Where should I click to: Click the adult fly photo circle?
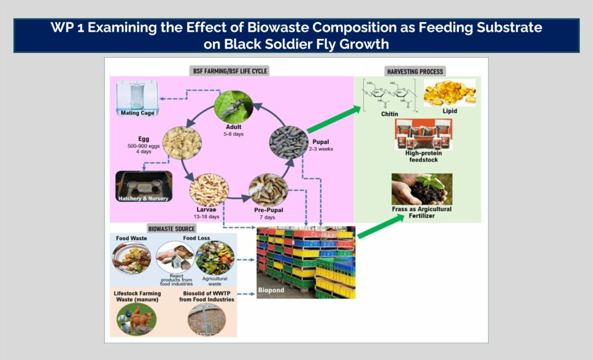(x=233, y=106)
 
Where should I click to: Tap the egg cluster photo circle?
(x=182, y=143)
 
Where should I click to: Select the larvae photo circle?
(x=208, y=190)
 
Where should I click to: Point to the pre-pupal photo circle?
(x=269, y=190)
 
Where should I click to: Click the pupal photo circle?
(x=288, y=142)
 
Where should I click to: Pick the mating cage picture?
(x=137, y=98)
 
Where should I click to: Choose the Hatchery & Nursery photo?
(x=144, y=186)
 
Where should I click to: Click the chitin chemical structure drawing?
(x=389, y=95)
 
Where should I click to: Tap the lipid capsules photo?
(x=449, y=93)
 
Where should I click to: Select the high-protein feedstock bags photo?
(x=423, y=134)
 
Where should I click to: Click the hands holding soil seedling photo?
(x=422, y=189)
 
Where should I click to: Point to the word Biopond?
(x=271, y=290)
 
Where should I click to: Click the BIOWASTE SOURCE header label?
(x=171, y=229)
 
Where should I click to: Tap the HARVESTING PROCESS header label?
(x=415, y=71)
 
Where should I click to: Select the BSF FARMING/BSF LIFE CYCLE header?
(x=230, y=71)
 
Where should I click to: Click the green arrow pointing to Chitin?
(x=334, y=119)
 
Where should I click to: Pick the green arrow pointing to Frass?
(x=381, y=226)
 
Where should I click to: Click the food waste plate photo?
(x=131, y=258)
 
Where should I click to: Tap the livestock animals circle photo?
(x=137, y=319)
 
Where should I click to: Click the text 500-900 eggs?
(x=144, y=146)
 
